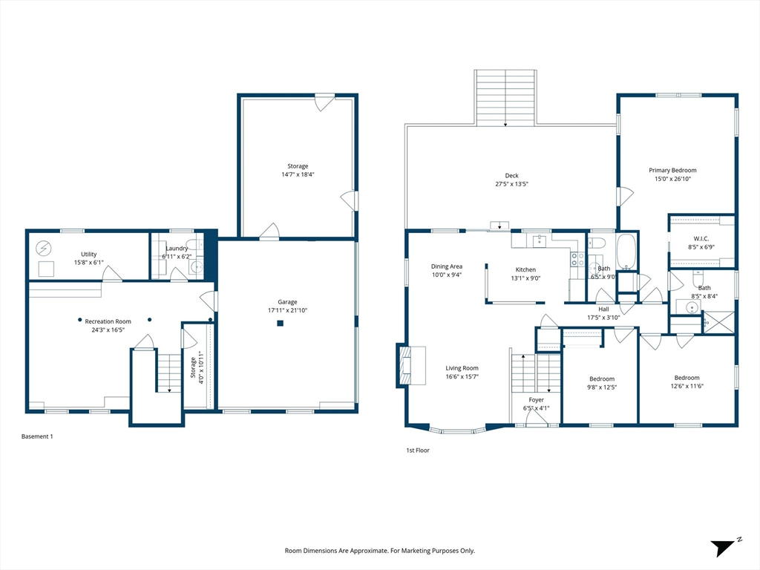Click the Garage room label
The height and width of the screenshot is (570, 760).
pyautogui.click(x=287, y=302)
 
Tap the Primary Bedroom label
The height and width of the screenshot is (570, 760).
pyautogui.click(x=672, y=170)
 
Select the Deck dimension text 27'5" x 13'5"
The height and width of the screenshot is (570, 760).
pyautogui.click(x=511, y=184)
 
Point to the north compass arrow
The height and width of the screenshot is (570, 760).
pyautogui.click(x=723, y=547)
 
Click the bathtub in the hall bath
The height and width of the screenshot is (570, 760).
pyautogui.click(x=626, y=251)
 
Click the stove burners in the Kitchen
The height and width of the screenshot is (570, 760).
pyautogui.click(x=577, y=259)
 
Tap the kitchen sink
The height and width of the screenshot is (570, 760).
pyautogui.click(x=540, y=240)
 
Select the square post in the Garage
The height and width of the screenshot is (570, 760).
pyautogui.click(x=280, y=324)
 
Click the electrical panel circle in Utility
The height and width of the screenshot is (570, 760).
pyautogui.click(x=44, y=249)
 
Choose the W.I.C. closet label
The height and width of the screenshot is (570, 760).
pyautogui.click(x=701, y=239)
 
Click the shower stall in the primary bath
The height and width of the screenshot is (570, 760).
pyautogui.click(x=718, y=322)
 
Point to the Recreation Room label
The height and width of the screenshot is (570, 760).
pyautogui.click(x=108, y=321)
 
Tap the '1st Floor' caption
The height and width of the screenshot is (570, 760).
pyautogui.click(x=418, y=451)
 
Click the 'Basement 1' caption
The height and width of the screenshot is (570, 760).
pyautogui.click(x=37, y=436)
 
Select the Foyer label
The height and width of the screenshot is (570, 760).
pyautogui.click(x=536, y=400)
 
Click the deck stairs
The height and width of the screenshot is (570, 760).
pyautogui.click(x=505, y=98)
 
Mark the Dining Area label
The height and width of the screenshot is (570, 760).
pyautogui.click(x=446, y=266)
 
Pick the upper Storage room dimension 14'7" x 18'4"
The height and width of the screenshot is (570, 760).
pyautogui.click(x=298, y=174)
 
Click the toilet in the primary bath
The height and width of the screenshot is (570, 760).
pyautogui.click(x=698, y=279)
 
